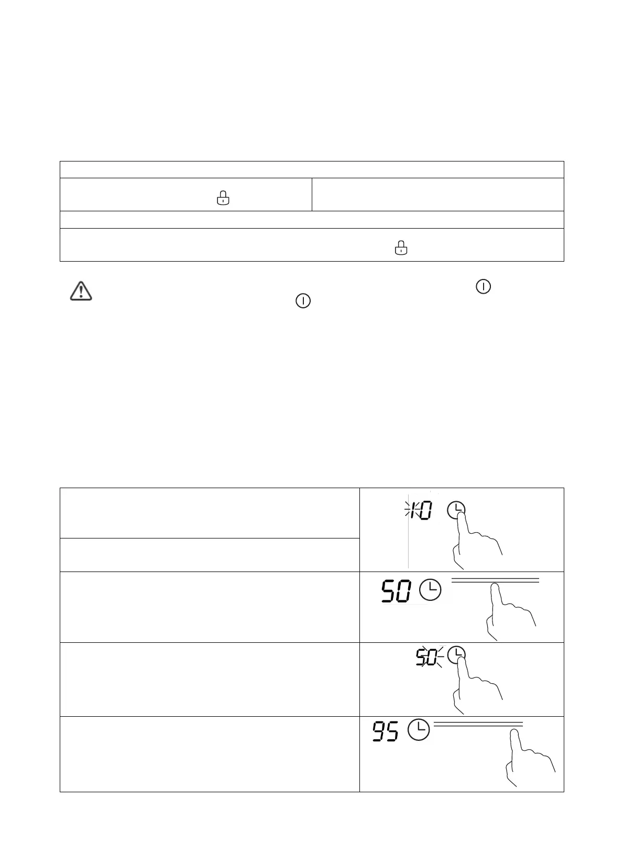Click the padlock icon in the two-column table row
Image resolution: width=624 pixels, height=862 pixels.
[x=223, y=198]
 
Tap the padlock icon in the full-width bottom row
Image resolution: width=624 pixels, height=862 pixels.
[x=401, y=247]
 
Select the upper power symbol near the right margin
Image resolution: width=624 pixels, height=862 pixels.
[x=483, y=286]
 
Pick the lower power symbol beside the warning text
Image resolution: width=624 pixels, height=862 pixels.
[x=303, y=301]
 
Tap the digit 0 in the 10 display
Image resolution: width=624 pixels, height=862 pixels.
[x=425, y=510]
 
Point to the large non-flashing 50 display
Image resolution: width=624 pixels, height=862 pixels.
[x=396, y=591]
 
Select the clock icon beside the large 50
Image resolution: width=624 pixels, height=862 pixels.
[x=430, y=590]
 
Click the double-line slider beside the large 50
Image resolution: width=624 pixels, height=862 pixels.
[x=495, y=580]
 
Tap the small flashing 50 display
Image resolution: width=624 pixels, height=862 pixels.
[x=426, y=657]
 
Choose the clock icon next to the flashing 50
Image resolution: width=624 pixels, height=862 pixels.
[x=457, y=655]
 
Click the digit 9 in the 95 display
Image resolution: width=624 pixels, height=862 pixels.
[x=378, y=731]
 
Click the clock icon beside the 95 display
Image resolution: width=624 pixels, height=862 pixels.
[x=419, y=730]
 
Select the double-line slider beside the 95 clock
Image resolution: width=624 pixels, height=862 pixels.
[x=478, y=724]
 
